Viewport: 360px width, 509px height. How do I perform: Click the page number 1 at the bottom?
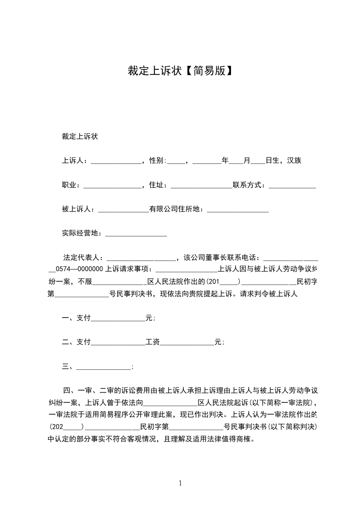pos(180,483)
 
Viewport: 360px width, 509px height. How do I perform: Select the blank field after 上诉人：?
pos(117,161)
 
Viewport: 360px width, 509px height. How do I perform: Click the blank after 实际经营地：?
pos(136,234)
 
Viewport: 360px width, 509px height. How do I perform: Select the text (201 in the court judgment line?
pos(213,281)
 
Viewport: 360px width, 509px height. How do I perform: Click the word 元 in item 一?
pos(148,318)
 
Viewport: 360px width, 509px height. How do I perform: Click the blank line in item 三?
pos(104,367)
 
